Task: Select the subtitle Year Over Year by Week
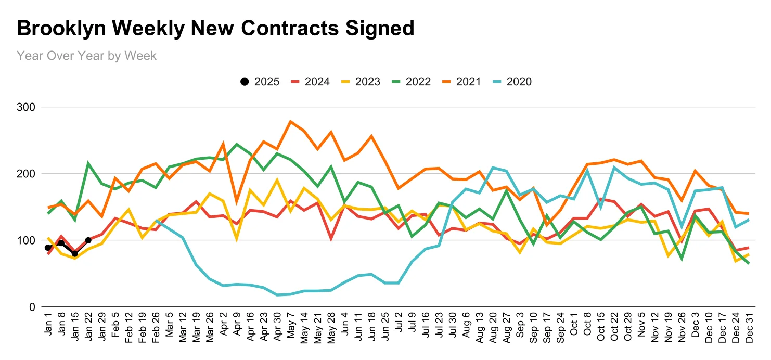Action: [x=86, y=55]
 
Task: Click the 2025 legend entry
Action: [x=260, y=82]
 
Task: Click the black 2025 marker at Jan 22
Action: [x=88, y=240]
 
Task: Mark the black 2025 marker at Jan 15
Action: [x=75, y=254]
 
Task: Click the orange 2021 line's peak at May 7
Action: [x=290, y=121]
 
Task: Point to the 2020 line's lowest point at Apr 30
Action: [x=277, y=295]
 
